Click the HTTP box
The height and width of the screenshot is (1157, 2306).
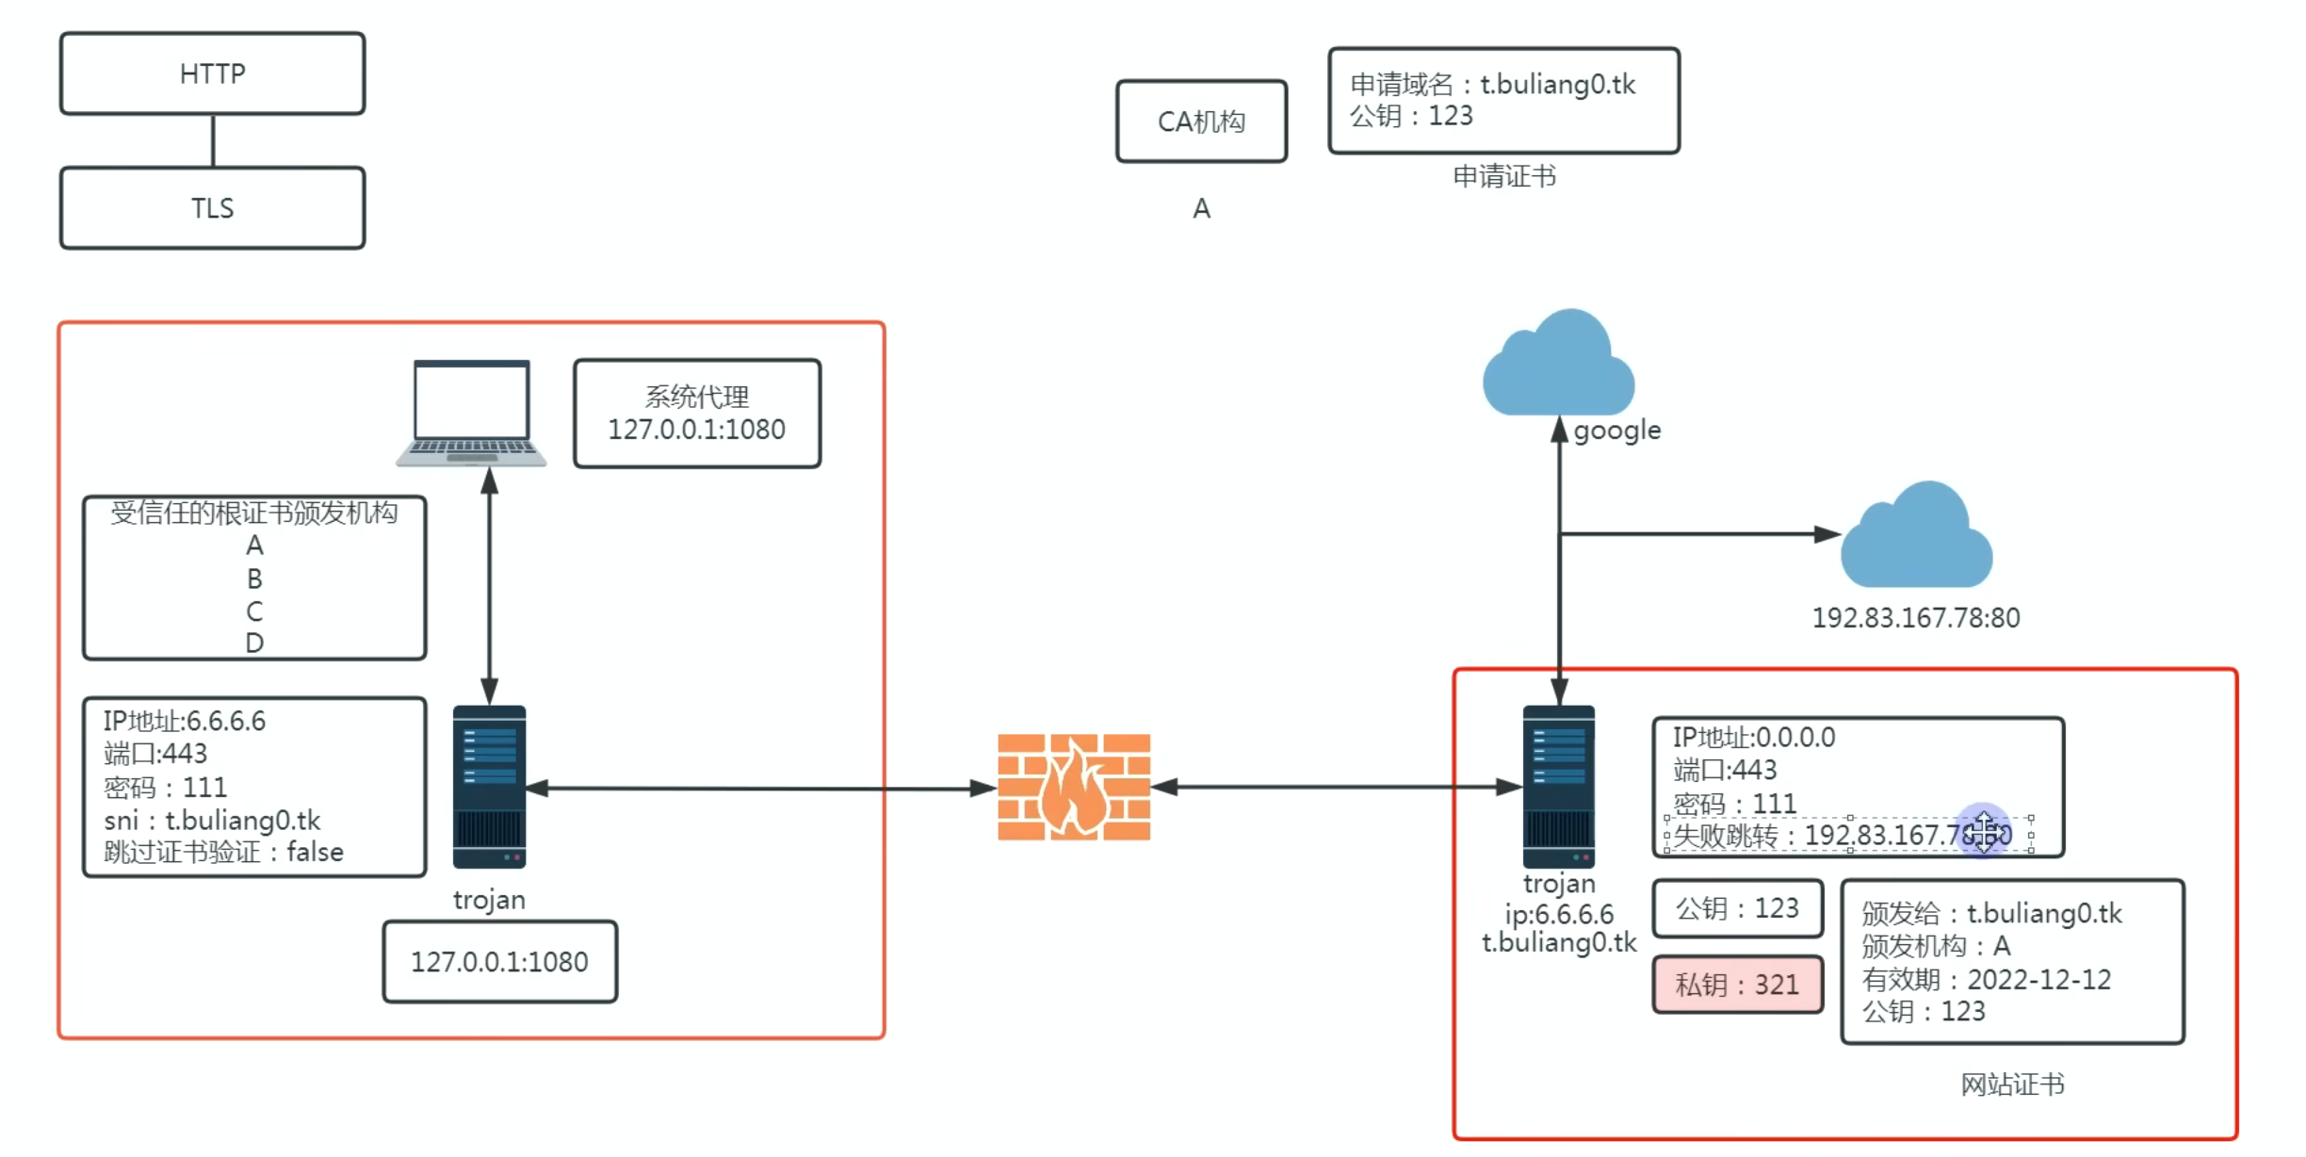coord(212,73)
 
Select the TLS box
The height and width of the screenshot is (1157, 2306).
coord(212,208)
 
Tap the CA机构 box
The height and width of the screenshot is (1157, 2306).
coord(1201,122)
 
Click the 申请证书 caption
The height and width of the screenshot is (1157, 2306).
coord(1503,176)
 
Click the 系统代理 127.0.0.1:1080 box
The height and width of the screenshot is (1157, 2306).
coord(697,414)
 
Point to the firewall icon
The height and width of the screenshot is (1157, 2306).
coord(1074,787)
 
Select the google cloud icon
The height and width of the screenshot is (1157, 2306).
coord(1559,366)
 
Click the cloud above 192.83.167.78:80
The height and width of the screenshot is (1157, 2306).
coord(1917,537)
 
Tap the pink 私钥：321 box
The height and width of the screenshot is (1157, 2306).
coord(1737,985)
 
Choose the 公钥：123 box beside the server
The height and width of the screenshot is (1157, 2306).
coord(1737,908)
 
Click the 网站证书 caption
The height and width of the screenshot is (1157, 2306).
coord(2012,1084)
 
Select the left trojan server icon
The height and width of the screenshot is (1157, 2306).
coord(489,787)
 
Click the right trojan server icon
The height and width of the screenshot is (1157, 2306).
coord(1559,787)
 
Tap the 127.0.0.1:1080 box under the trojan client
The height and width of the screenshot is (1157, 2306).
coord(499,962)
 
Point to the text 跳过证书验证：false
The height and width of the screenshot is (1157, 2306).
coord(223,852)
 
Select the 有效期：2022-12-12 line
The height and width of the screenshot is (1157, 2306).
coord(1986,979)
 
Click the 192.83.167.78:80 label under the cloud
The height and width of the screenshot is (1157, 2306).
coord(1916,618)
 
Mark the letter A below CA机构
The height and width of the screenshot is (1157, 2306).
coord(1201,208)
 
